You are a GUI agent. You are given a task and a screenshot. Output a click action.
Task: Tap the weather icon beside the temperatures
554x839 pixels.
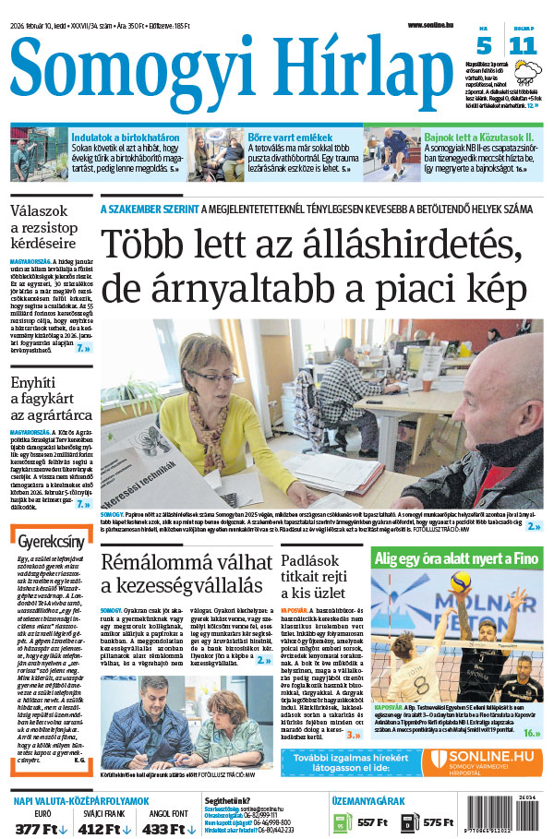coord(529,72)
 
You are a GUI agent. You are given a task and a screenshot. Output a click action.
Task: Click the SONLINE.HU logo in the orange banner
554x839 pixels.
coord(484,762)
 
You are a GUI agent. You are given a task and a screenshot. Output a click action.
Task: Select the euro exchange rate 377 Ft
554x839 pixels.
coord(40,828)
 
